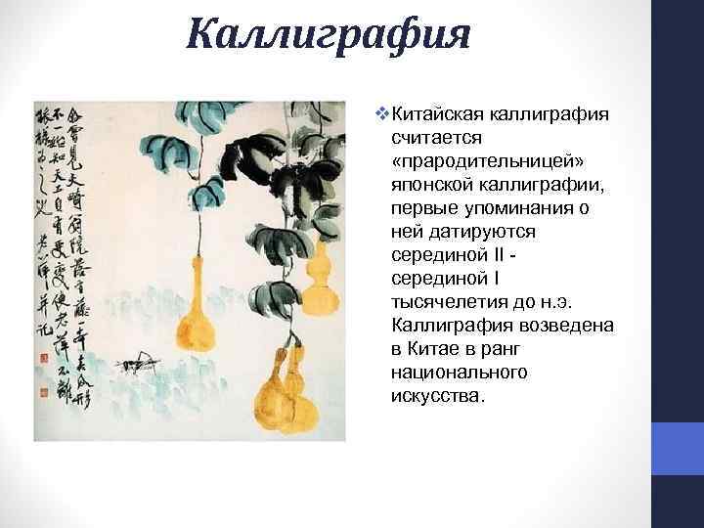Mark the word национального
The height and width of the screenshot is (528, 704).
pyautogui.click(x=459, y=373)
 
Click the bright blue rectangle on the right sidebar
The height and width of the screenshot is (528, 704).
pyautogui.click(x=677, y=449)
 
